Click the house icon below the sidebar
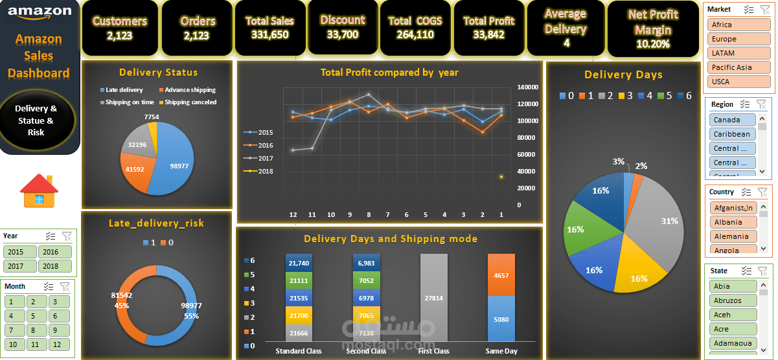click(x=40, y=190)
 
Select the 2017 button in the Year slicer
click(x=20, y=265)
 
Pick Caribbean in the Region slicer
click(x=731, y=134)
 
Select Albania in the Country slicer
click(x=732, y=222)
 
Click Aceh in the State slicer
click(x=732, y=315)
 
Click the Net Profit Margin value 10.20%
click(x=653, y=44)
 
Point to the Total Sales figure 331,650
click(x=269, y=34)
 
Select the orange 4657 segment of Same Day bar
click(x=501, y=275)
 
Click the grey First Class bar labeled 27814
click(x=433, y=298)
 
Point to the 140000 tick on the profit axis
click(x=528, y=87)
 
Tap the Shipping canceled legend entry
click(x=190, y=102)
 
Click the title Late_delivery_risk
click(x=156, y=223)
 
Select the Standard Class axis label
click(x=299, y=351)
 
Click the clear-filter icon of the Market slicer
click(x=762, y=10)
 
